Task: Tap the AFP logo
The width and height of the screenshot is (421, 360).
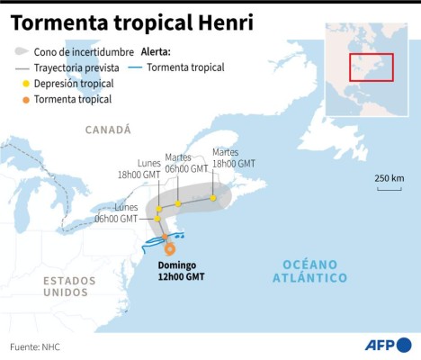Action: [x=390, y=344]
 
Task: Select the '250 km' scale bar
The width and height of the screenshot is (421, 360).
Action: [x=390, y=184]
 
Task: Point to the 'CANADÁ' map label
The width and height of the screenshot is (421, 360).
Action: [x=108, y=130]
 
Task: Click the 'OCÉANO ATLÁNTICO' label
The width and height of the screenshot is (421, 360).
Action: [x=309, y=271]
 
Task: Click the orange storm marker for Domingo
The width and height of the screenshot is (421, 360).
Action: [x=169, y=249]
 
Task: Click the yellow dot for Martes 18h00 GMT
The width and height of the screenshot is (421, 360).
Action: [x=213, y=198]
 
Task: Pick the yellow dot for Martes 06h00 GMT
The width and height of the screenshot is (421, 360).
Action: [x=178, y=204]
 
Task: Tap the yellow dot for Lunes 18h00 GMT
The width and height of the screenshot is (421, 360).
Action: [x=159, y=209]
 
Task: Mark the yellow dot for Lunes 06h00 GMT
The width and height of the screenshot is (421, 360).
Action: [x=157, y=219]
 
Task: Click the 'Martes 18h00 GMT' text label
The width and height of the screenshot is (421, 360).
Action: [x=233, y=158]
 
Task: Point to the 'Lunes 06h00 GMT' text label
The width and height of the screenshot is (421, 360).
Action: [x=116, y=212]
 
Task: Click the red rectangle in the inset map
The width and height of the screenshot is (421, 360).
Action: [x=371, y=66]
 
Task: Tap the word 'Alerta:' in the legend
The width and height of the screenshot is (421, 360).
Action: [x=156, y=52]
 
